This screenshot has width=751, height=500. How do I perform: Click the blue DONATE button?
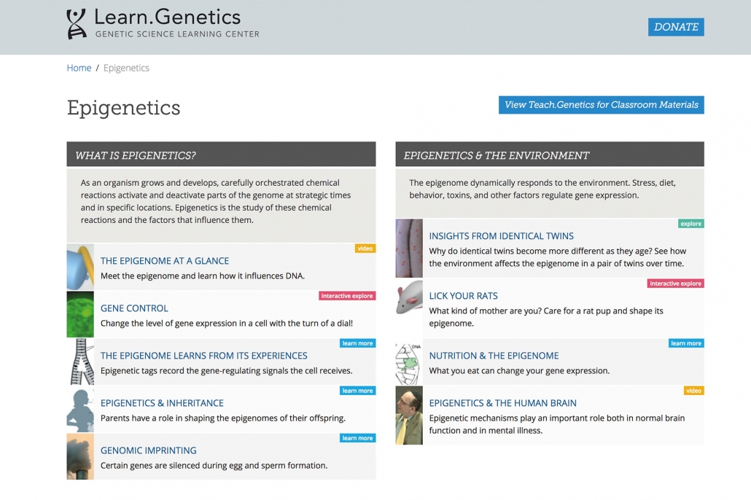point(676,27)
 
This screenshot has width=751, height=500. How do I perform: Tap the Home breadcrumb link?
point(79,68)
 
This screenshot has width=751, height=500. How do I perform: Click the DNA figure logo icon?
point(76,24)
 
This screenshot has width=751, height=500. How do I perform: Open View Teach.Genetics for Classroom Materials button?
point(601,105)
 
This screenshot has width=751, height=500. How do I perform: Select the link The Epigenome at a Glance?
point(165,261)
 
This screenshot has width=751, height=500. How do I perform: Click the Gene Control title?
point(134,308)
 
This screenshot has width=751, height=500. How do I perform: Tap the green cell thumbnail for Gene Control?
point(80,314)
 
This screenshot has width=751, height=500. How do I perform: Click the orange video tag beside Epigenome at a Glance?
point(365,249)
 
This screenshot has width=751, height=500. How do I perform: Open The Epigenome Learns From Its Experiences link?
point(204,356)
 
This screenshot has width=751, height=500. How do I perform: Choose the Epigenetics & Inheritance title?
point(162,403)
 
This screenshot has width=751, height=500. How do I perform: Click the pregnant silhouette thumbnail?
point(80,410)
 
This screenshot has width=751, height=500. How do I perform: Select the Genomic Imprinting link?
point(149,450)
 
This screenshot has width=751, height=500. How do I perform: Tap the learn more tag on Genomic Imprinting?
point(357,438)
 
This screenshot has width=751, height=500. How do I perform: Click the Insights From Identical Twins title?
point(502,236)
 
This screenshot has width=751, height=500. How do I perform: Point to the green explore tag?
point(691,224)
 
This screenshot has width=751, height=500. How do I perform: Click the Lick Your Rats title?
point(463,296)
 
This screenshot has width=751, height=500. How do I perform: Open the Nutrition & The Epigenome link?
point(494,356)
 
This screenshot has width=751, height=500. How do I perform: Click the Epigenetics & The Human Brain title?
point(503,403)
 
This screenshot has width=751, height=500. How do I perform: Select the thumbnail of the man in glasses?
point(409,415)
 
